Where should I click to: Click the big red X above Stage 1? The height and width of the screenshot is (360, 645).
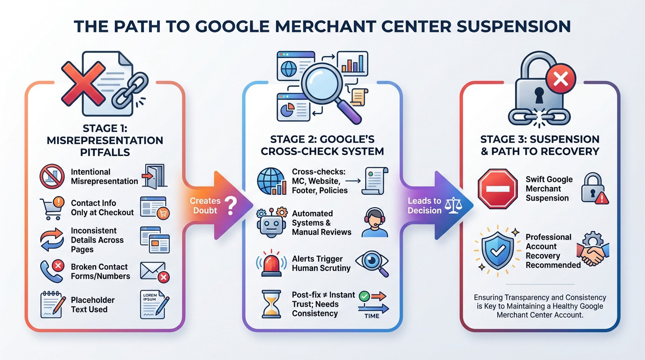click(83, 83)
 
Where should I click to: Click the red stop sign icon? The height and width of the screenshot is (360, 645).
click(498, 189)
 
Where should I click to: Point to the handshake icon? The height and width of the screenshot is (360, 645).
click(593, 251)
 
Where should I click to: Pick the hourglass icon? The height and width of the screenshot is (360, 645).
click(271, 303)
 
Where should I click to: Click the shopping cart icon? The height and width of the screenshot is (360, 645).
click(52, 208)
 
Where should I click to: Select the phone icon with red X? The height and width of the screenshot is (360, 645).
click(52, 270)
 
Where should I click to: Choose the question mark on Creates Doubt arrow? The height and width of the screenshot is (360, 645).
click(230, 205)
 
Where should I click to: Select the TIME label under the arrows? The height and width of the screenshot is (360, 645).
click(372, 315)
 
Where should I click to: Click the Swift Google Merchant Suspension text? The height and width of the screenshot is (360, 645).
click(549, 189)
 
